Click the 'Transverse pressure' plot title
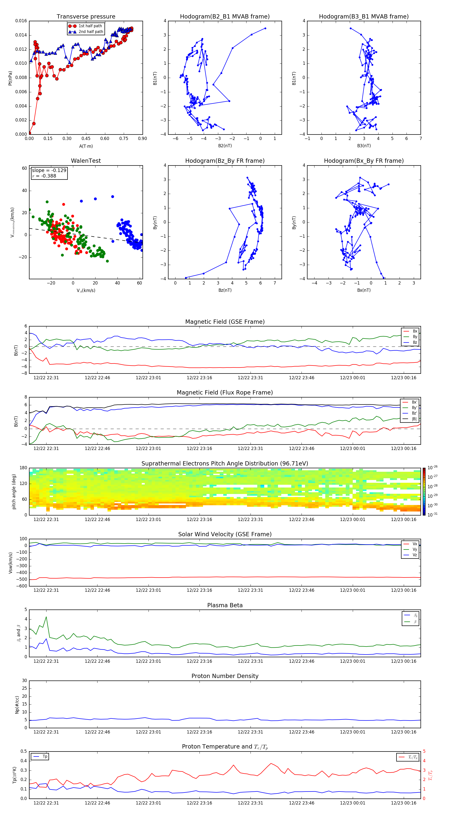86,17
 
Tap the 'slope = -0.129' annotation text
49,170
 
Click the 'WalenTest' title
86,161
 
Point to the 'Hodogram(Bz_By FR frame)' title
225,161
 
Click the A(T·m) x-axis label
86,146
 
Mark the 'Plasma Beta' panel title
225,605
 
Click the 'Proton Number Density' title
225,676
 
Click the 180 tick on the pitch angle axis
23,468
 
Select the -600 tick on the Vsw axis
22,586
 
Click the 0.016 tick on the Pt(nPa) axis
21,21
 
